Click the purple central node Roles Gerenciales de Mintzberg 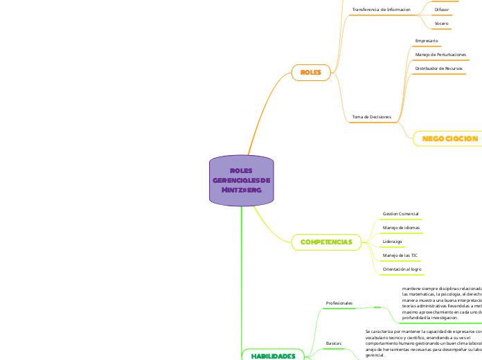pyautogui.click(x=241, y=181)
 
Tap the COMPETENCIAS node pyautogui.click(x=326, y=242)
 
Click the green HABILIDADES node pyautogui.click(x=273, y=355)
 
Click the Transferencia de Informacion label pyautogui.click(x=382, y=10)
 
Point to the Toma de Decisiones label pyautogui.click(x=372, y=116)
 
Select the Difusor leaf pyautogui.click(x=441, y=10)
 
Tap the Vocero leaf pyautogui.click(x=441, y=24)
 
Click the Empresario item pyautogui.click(x=426, y=42)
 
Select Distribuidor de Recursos pyautogui.click(x=438, y=69)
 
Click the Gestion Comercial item pyautogui.click(x=400, y=214)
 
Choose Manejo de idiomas pyautogui.click(x=401, y=228)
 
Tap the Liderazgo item pyautogui.click(x=393, y=242)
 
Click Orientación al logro pyautogui.click(x=402, y=269)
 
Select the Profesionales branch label pyautogui.click(x=339, y=303)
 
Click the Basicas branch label pyautogui.click(x=333, y=343)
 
